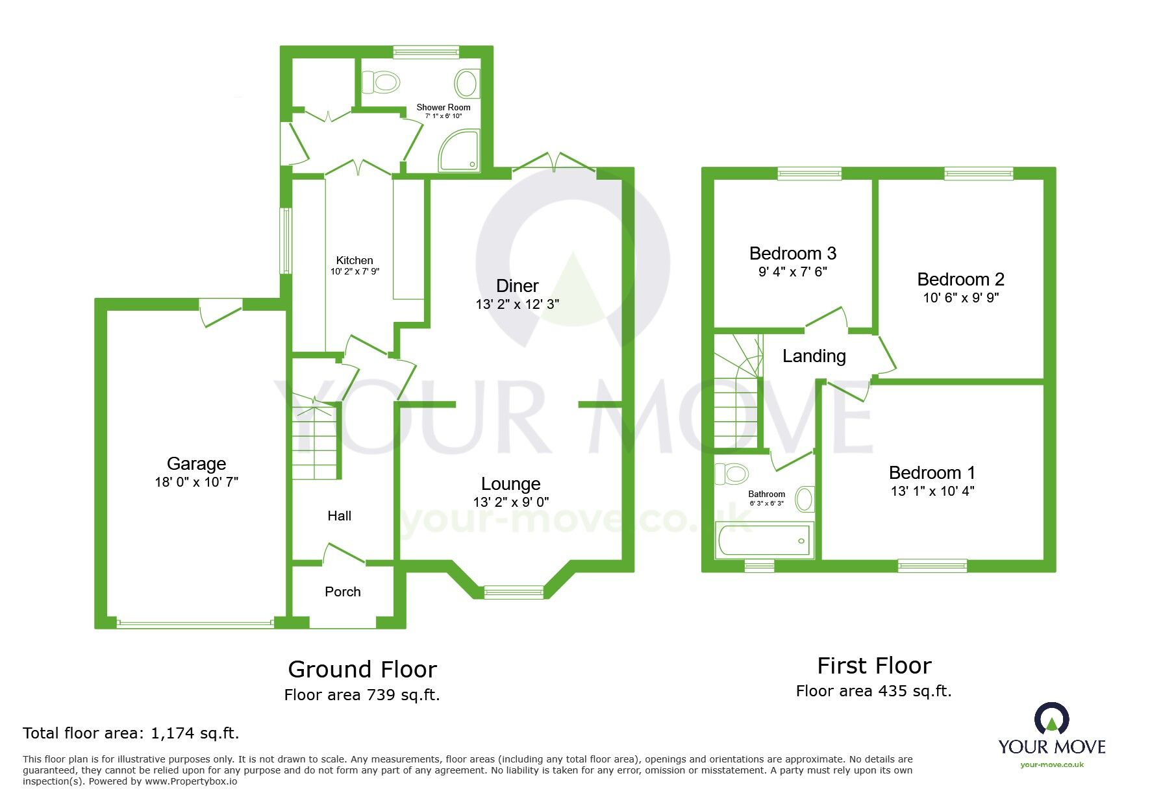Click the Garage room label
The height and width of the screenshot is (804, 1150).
point(196,463)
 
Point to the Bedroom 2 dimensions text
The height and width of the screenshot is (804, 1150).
point(960,298)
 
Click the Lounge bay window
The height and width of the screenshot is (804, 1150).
point(514,591)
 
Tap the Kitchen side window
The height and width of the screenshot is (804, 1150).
point(284,241)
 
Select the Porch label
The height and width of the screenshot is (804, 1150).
point(342,591)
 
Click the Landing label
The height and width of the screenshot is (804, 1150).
point(814,356)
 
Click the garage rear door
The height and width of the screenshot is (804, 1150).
point(221,311)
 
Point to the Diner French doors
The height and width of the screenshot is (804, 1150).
point(553,162)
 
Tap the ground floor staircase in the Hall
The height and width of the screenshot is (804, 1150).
point(316,441)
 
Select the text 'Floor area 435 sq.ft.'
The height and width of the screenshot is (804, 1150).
point(873,691)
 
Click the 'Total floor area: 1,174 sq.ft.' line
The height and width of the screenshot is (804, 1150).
point(131,733)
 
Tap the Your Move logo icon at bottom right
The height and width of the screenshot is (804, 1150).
point(1051,719)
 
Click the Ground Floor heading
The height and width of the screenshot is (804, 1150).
point(362,669)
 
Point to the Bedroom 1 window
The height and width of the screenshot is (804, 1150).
point(932,566)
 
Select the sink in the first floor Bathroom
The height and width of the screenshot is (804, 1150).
point(804,499)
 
